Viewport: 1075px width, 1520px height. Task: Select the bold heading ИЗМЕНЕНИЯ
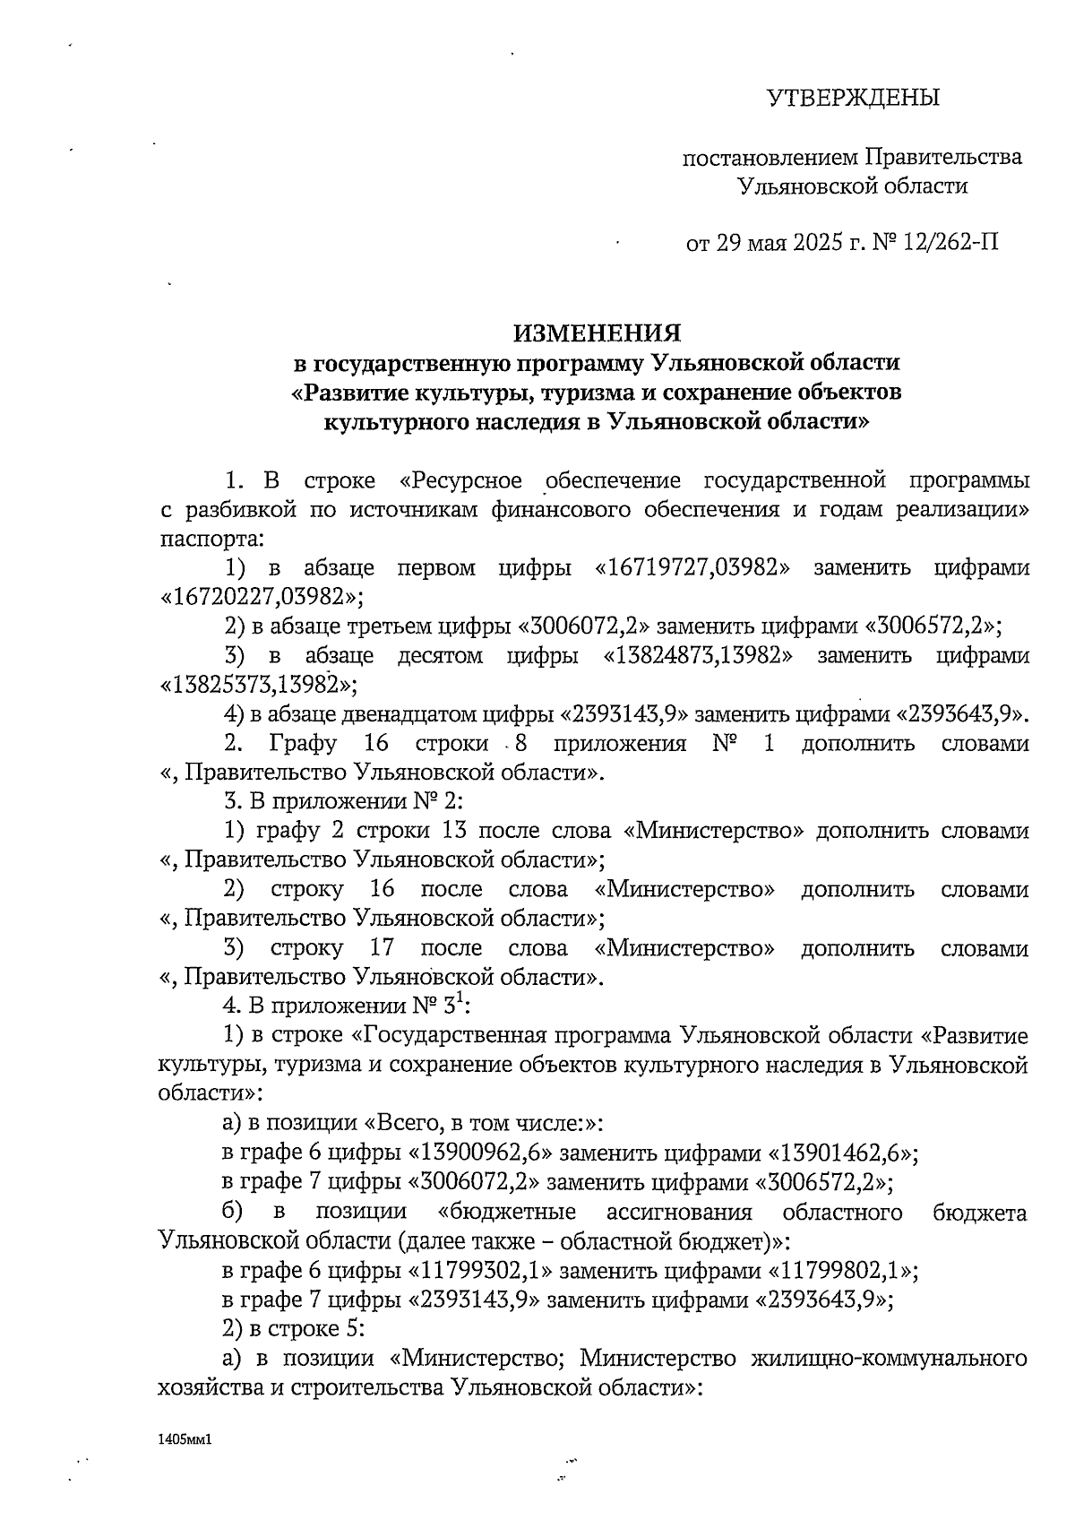[597, 333]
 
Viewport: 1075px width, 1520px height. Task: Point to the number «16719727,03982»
[692, 568]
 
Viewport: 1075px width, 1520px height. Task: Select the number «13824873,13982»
[699, 655]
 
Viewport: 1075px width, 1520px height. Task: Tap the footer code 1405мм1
[186, 1439]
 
